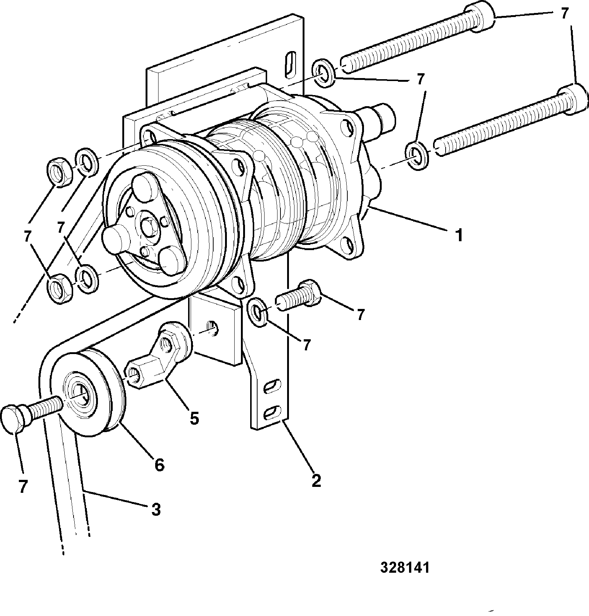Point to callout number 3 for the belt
click(156, 509)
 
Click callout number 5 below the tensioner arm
click(194, 418)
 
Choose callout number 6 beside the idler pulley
click(159, 465)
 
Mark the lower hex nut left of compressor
click(59, 287)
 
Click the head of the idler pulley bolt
click(14, 418)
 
